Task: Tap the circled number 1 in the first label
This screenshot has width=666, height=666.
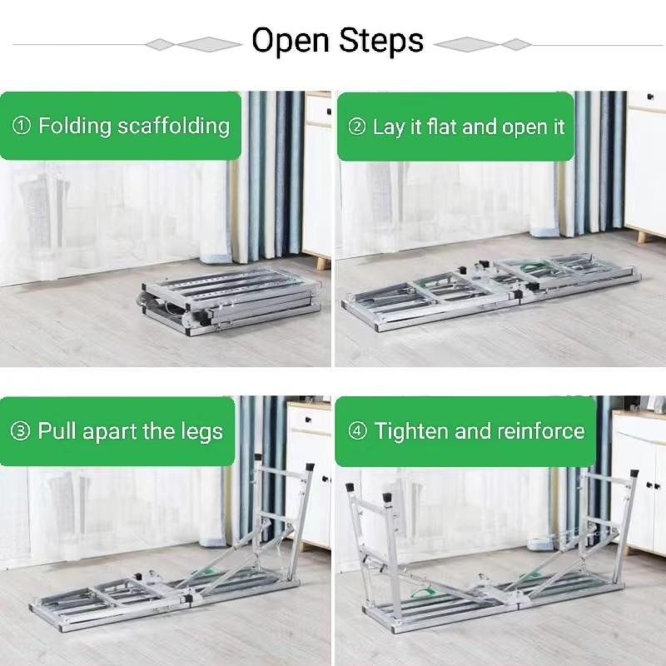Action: [x=22, y=127]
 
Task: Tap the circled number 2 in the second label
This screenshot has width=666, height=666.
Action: [x=357, y=127]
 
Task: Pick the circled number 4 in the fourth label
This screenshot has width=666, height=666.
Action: [x=359, y=431]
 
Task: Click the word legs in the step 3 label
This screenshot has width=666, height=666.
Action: [x=201, y=432]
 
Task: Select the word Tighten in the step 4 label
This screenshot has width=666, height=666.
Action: [x=407, y=431]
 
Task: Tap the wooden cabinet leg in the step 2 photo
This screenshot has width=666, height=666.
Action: [x=642, y=236]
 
